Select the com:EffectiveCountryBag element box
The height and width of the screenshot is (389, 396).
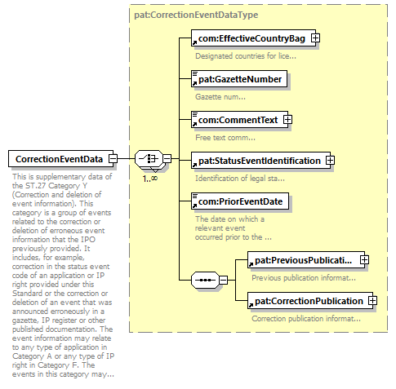(x=253, y=38)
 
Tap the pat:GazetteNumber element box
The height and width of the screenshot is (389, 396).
(x=239, y=79)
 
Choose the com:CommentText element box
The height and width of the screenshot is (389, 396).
(x=239, y=120)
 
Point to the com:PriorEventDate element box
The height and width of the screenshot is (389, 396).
(x=240, y=201)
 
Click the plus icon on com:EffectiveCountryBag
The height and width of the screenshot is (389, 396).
(x=315, y=38)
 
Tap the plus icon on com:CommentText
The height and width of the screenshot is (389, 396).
(x=287, y=120)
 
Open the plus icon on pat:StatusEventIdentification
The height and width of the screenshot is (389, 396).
(x=330, y=161)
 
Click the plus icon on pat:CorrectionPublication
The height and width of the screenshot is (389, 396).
(x=372, y=301)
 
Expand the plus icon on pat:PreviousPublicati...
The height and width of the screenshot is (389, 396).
(x=364, y=260)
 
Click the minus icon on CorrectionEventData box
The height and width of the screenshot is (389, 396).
(x=113, y=158)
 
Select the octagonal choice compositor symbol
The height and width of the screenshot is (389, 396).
(x=149, y=158)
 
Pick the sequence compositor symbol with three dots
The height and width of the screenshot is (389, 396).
(x=205, y=280)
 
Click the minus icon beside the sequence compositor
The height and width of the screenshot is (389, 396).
(x=223, y=280)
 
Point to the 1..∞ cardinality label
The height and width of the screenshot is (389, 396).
(x=150, y=179)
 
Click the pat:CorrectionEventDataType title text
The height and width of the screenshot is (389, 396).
(x=196, y=15)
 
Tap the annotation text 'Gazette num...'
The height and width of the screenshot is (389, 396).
(x=220, y=97)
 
